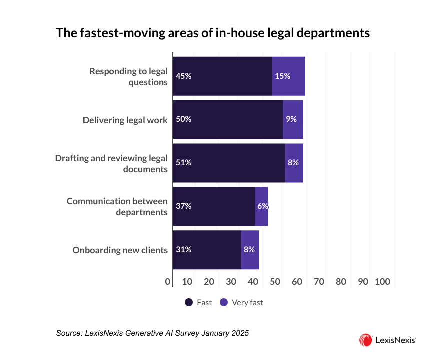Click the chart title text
[x=213, y=33]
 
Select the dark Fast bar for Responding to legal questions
[x=223, y=76]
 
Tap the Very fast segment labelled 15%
[x=289, y=76]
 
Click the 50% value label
[x=184, y=119]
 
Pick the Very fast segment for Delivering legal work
[x=293, y=119]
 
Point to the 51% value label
[x=184, y=163]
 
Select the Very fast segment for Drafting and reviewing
[x=294, y=163]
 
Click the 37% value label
[x=184, y=206]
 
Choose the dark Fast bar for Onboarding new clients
[x=207, y=250]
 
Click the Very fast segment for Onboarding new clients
[x=250, y=250]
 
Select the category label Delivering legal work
[x=125, y=120]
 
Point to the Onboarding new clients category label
[x=120, y=250]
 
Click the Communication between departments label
[x=117, y=206]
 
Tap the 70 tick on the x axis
[x=319, y=282]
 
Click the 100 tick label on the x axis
[x=382, y=282]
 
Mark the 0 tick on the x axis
[x=168, y=282]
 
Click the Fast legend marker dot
[x=189, y=302]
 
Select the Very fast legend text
[x=247, y=302]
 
